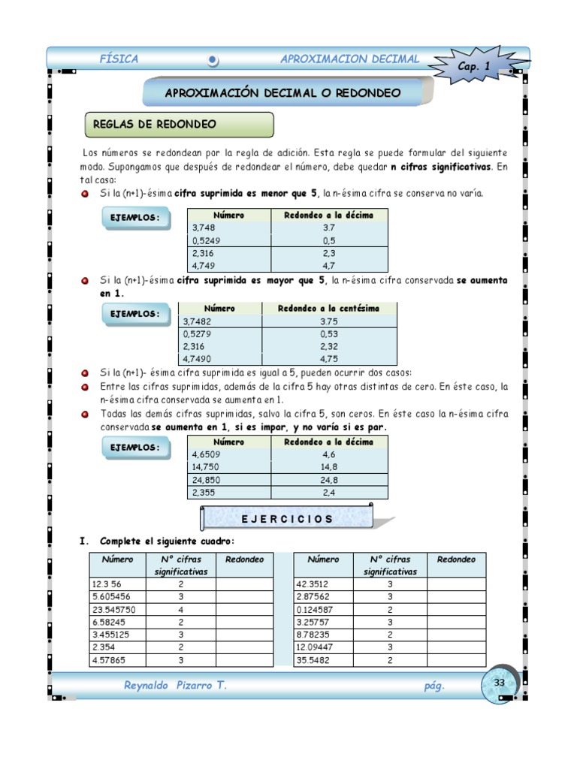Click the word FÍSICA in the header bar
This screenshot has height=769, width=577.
[x=119, y=59]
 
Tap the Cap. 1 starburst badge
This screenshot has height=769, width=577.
[x=475, y=66]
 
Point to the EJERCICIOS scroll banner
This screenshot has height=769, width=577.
[x=287, y=519]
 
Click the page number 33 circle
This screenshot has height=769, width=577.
[x=499, y=683]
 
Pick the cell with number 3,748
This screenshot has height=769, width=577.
[x=204, y=228]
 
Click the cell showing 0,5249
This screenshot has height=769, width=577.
[x=207, y=240]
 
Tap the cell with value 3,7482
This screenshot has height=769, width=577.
[x=198, y=321]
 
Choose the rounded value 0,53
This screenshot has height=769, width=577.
[x=328, y=333]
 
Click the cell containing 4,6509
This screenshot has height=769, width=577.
[x=206, y=454]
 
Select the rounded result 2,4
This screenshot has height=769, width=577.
[x=328, y=493]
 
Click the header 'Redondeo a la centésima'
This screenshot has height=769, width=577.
[x=328, y=308]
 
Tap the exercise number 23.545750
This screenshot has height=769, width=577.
[x=115, y=609]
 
